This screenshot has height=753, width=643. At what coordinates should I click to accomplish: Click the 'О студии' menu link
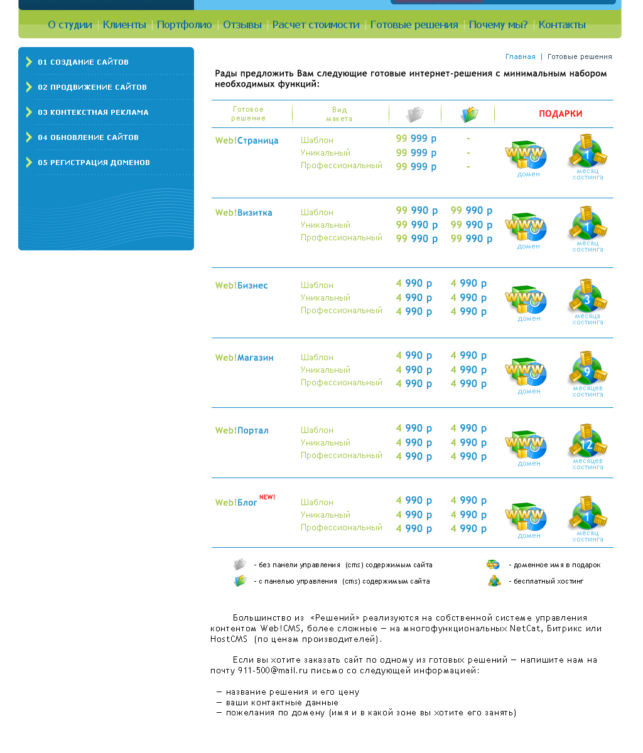point(70,25)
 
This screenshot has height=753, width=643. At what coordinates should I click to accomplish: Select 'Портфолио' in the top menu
point(185,25)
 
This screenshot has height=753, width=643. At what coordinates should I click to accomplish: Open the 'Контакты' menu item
point(562,25)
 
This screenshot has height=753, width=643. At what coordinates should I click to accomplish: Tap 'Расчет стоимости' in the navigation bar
point(316,25)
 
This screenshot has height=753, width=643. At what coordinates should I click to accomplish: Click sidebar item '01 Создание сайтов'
point(83,62)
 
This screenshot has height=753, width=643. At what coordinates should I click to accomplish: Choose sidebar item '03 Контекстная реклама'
point(93,112)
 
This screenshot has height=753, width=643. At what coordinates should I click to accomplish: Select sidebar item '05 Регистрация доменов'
point(94,163)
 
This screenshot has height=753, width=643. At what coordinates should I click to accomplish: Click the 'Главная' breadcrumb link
point(521,56)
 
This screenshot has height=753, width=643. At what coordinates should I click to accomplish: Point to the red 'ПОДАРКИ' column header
point(561,114)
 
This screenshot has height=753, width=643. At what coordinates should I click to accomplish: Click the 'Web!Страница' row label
point(247,141)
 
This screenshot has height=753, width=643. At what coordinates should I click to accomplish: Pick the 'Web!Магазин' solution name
point(244,358)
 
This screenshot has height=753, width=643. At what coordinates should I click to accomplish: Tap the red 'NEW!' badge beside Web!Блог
point(267,497)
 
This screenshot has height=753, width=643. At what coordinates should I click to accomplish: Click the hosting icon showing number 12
point(588,442)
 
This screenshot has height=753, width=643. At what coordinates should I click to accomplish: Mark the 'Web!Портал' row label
point(242,430)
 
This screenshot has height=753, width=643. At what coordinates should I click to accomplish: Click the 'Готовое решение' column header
point(249,114)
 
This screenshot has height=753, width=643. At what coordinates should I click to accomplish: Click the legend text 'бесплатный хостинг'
point(548,581)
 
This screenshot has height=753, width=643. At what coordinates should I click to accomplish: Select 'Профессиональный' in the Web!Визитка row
point(341,238)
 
